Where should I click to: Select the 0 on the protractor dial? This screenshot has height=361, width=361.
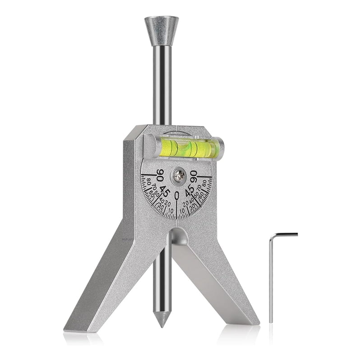(177, 195)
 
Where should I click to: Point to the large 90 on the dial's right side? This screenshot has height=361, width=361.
(194, 175)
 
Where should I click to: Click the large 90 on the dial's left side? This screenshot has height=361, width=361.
(160, 175)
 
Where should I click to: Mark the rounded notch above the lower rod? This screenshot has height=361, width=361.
(179, 236)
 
